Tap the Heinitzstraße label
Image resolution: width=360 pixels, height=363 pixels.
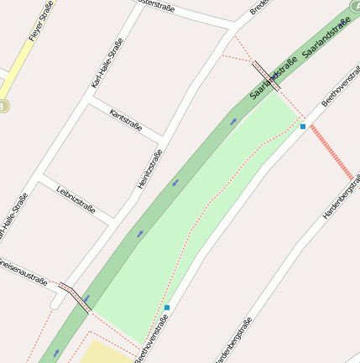point(149,169)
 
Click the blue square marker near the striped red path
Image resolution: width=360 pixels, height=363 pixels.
point(303,127)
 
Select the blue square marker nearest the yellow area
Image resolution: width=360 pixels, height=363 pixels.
point(167,308)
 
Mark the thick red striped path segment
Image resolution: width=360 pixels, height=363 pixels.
point(331,152)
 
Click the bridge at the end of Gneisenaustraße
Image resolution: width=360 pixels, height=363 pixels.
point(74,297)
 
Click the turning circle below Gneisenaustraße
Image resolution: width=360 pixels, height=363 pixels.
point(56,303)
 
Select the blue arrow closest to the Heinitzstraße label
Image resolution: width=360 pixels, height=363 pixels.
point(175,182)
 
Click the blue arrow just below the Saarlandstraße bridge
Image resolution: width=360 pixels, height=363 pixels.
point(233,122)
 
